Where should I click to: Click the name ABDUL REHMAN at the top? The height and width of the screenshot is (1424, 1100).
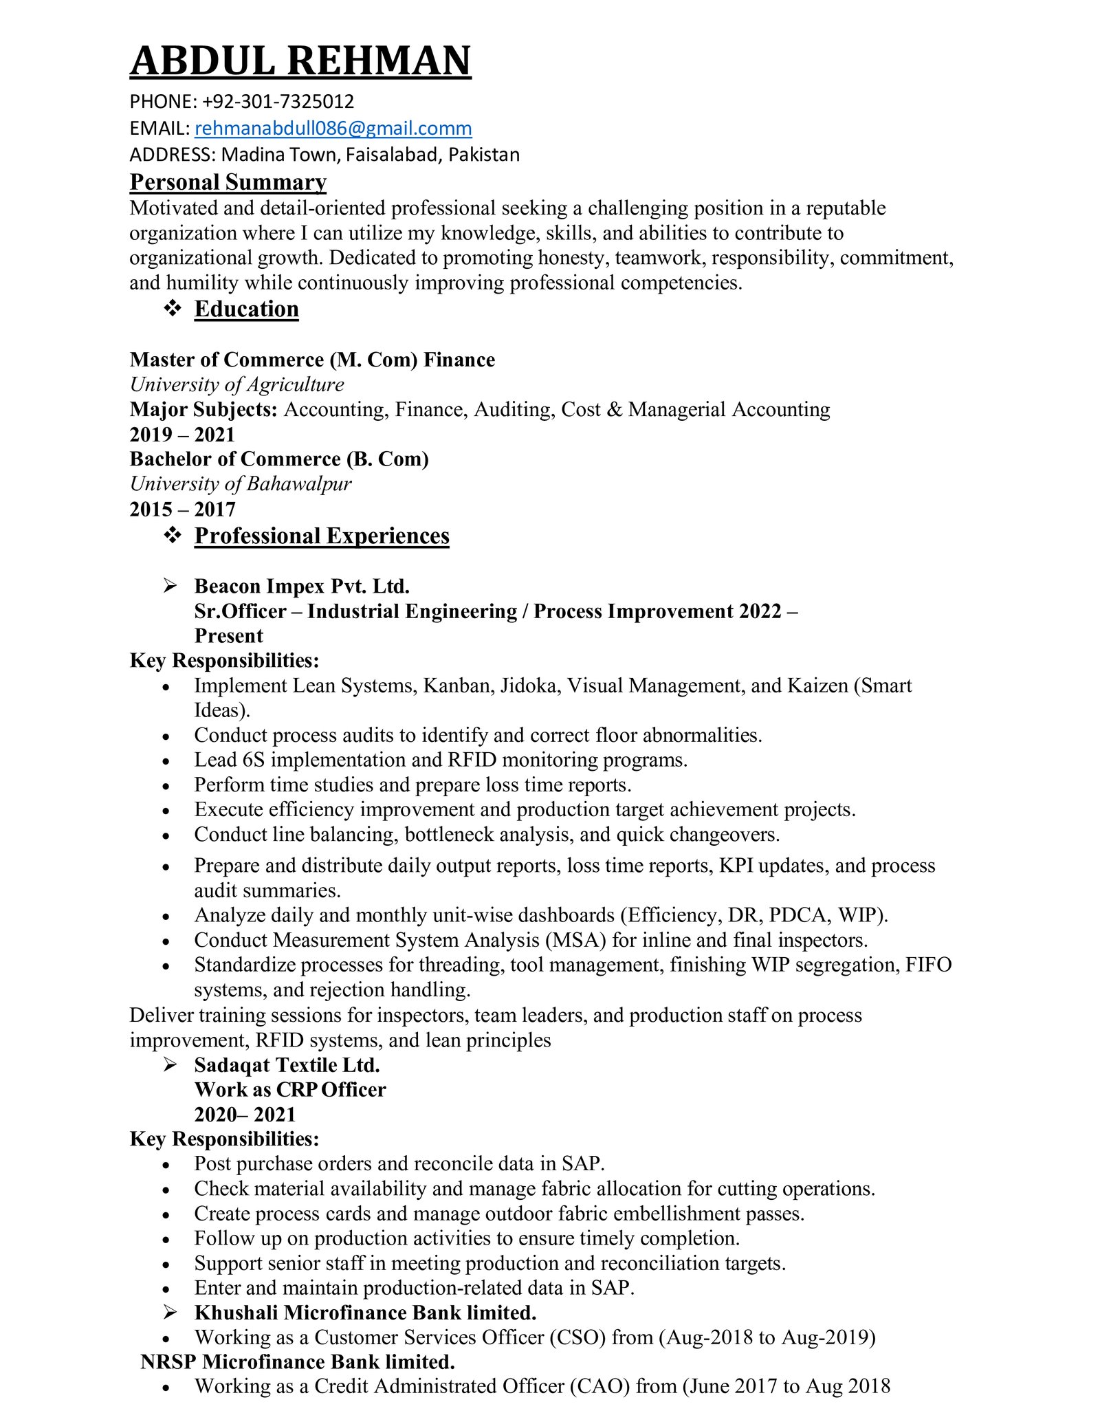coord(300,61)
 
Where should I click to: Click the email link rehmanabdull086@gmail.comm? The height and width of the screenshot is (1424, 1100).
coord(333,129)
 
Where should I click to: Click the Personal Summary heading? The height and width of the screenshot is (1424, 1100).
coord(228,182)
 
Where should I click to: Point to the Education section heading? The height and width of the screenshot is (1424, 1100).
coord(246,309)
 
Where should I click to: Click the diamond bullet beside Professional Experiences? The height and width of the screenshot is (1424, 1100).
coord(173,535)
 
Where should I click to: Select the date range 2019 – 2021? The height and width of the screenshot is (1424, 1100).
coord(182,435)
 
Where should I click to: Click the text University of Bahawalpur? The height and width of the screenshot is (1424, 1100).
coord(240,484)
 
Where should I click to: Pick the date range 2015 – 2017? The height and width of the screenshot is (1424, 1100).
coord(182,510)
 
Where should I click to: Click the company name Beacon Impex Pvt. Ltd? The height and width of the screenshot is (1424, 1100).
coord(302,587)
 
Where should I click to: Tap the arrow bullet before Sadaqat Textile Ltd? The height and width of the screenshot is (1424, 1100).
coord(170,1065)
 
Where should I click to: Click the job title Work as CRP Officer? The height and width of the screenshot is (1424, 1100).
coord(289,1090)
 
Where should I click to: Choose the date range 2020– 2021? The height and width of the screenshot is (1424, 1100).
coord(244,1115)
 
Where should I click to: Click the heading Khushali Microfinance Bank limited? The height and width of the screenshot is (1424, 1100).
coord(365,1313)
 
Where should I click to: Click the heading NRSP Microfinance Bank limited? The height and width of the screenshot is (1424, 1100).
coord(297,1362)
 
